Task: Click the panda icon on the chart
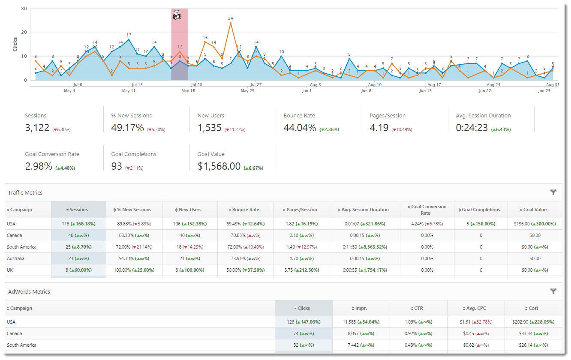point(177,15)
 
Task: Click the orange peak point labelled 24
point(231,23)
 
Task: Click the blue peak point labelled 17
point(129,39)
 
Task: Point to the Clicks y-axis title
point(15,44)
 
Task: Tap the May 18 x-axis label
point(188,91)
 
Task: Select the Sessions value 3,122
point(37,128)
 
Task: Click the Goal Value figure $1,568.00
point(219,166)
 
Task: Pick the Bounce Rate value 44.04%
point(300,128)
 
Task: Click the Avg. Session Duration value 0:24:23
point(472,128)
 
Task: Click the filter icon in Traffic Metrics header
point(553,192)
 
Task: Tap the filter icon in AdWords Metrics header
point(553,291)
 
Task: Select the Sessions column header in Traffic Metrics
point(78,210)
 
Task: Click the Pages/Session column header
point(302,210)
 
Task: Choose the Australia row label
point(15,258)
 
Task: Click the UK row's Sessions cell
point(78,270)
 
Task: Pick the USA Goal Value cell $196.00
point(535,224)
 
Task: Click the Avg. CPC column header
point(476,308)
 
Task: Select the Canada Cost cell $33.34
point(533,333)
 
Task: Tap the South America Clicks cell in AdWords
point(304,345)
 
